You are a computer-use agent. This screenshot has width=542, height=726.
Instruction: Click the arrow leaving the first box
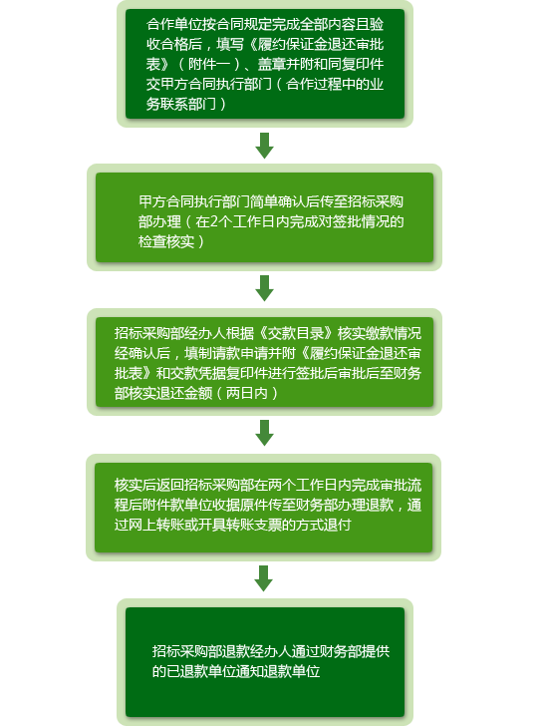pos(265,146)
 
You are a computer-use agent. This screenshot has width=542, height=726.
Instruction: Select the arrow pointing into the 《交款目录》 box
pos(265,288)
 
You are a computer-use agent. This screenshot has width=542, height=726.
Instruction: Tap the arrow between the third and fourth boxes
pos(265,433)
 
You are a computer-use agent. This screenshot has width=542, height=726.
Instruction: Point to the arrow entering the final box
pos(264,577)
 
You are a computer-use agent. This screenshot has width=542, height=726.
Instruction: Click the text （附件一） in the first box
pos(207,64)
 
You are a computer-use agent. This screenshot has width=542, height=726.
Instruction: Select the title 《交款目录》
pos(296,333)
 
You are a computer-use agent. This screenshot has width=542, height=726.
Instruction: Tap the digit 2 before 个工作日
pos(213,221)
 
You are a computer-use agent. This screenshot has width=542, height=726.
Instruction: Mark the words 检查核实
pos(166,241)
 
